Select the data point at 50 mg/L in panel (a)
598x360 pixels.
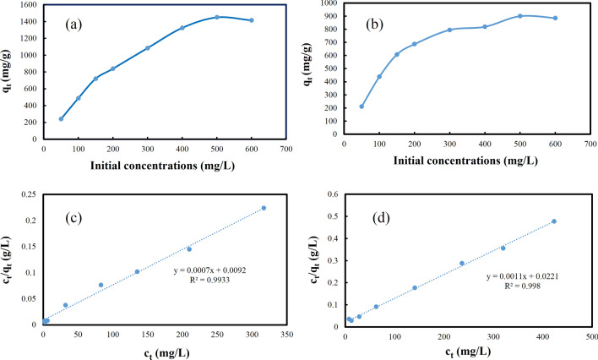[x=61, y=118]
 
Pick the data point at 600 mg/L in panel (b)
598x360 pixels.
[x=554, y=18]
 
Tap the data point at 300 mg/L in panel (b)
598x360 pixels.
[x=449, y=30]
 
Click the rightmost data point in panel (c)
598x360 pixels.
[x=264, y=208]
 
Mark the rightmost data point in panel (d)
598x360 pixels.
[x=554, y=221]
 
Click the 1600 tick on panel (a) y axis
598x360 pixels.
[x=28, y=5]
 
